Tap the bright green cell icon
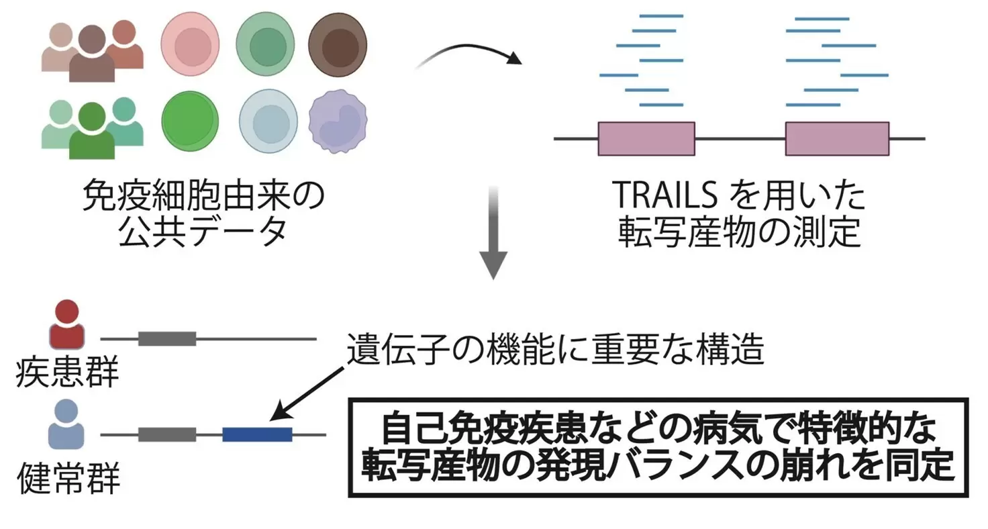(x=190, y=120)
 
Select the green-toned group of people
(x=92, y=126)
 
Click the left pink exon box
(x=646, y=138)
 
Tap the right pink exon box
(x=837, y=138)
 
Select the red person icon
(x=67, y=324)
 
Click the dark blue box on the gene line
(x=257, y=434)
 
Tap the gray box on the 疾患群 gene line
(x=167, y=339)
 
